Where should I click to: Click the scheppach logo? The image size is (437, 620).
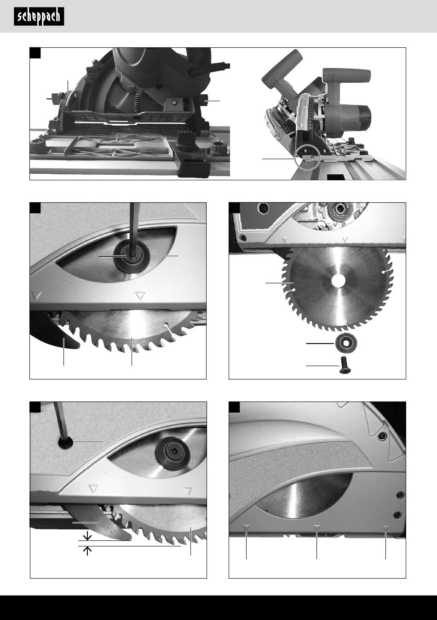pyautogui.click(x=39, y=17)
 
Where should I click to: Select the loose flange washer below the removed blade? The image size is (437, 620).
pyautogui.click(x=346, y=343)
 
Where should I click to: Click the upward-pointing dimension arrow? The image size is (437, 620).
pyautogui.click(x=87, y=551)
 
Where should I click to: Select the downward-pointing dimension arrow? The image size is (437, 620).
pyautogui.click(x=87, y=535)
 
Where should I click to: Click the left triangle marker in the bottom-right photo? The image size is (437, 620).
pyautogui.click(x=247, y=528)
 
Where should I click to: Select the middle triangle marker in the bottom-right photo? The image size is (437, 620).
pyautogui.click(x=317, y=528)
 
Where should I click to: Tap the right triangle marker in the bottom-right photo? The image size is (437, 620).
pyautogui.click(x=386, y=528)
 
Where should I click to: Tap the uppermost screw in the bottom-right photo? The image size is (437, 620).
pyautogui.click(x=382, y=437)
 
